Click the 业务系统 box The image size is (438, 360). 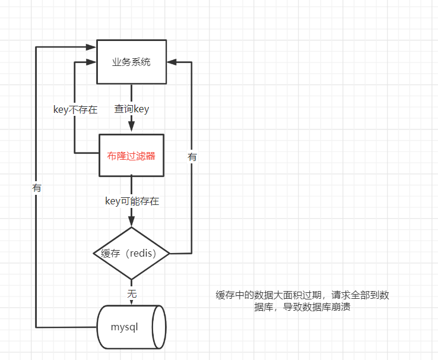point(131,62)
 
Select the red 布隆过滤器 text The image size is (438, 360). point(131,156)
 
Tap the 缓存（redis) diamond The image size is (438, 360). point(131,254)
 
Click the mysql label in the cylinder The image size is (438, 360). point(124,327)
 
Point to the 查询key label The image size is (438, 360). point(131,109)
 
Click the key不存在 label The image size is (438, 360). point(75,110)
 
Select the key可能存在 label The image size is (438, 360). point(131,201)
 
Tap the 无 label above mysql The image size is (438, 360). point(131,293)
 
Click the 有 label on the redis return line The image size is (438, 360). point(192,157)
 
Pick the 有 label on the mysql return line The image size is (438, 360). point(37,187)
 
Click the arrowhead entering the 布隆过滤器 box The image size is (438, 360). point(131,128)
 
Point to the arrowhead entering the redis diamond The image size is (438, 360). point(131,222)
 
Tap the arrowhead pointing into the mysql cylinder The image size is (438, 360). point(131,301)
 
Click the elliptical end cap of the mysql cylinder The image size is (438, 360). point(159,327)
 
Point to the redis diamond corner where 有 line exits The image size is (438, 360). point(169,254)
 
